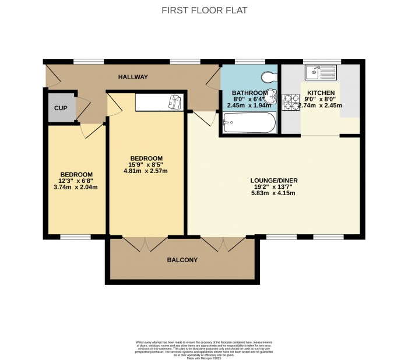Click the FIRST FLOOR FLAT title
(204, 10)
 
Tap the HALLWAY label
(133, 77)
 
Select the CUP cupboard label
(61, 108)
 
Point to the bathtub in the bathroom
(249, 123)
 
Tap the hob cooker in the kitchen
(289, 103)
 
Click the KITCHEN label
(321, 93)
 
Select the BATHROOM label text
(249, 93)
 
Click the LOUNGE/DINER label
(270, 181)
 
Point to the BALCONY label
(182, 260)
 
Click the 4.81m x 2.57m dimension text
(146, 171)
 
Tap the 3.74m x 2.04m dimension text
(76, 188)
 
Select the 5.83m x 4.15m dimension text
(270, 193)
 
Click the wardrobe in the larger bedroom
(159, 102)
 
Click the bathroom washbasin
(270, 100)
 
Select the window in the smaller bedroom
(75, 237)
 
